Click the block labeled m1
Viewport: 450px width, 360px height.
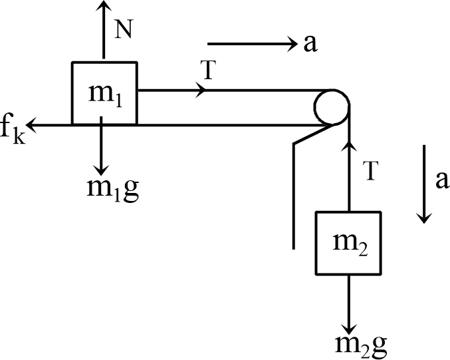pos(104,92)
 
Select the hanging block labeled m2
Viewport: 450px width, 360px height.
pos(348,243)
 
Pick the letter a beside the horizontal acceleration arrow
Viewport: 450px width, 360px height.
pos(310,44)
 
